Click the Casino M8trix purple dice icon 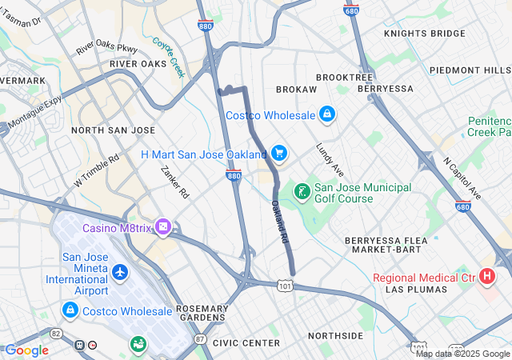tap(163, 228)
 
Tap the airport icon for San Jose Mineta tap(120, 273)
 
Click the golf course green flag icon tap(302, 192)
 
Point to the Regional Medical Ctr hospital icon tap(487, 278)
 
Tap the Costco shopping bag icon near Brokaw tap(326, 115)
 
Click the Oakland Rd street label tap(278, 218)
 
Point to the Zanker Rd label tap(174, 182)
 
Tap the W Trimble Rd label tap(97, 166)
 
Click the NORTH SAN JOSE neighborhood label tap(113, 130)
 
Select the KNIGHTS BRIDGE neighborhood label tap(424, 34)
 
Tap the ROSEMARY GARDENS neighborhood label tap(202, 314)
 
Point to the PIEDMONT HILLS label tap(469, 70)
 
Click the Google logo tap(27, 350)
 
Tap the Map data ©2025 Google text tap(462, 354)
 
